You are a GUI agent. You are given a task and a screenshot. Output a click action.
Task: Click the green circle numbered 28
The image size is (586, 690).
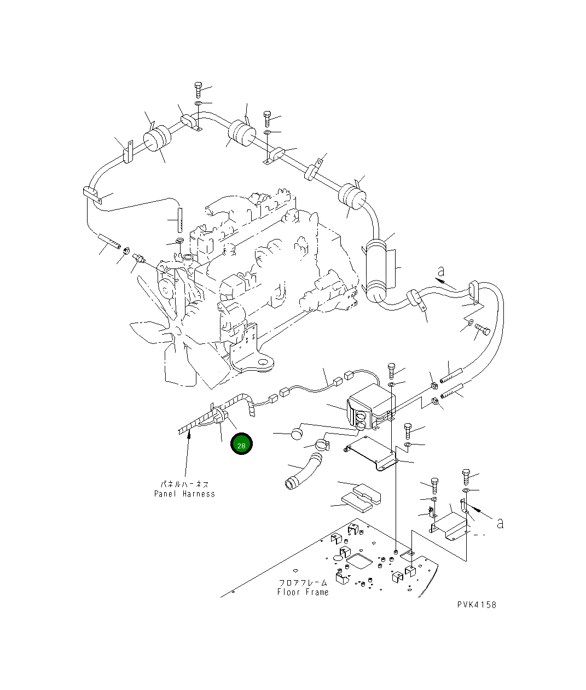242,445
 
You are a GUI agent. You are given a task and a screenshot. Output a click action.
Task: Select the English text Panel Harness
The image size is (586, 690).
184,494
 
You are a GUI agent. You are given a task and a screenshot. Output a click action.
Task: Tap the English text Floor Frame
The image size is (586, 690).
303,592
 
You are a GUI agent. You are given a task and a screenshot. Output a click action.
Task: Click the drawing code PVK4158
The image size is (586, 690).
477,605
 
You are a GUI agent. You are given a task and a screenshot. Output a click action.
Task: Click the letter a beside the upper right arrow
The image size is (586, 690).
440,271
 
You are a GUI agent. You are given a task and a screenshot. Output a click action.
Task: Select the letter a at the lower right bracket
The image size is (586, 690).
500,523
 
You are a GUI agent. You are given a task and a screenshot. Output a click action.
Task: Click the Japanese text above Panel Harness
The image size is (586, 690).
184,484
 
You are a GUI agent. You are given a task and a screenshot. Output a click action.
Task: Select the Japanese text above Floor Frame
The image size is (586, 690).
303,583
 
